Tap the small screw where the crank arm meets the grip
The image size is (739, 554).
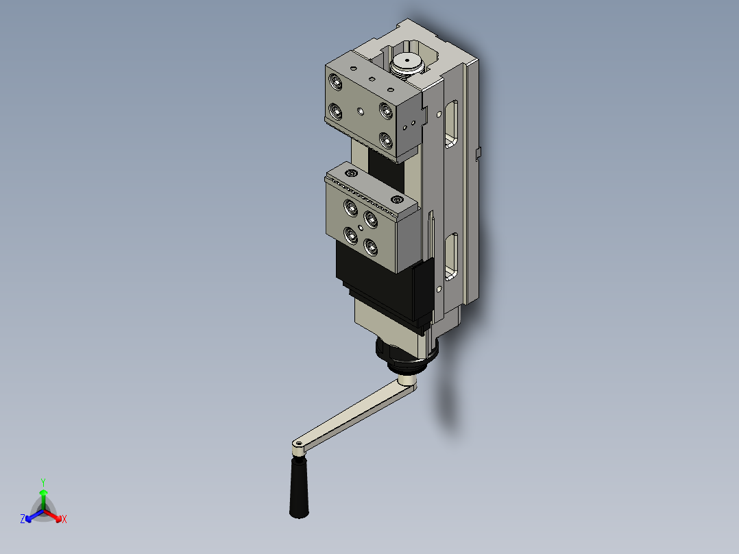coord(298,446)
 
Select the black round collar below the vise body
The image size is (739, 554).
coord(409,357)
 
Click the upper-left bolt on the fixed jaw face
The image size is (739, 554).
coord(336,83)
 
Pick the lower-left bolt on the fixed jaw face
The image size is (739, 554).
coord(336,110)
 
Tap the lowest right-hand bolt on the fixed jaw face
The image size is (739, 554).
coord(387,141)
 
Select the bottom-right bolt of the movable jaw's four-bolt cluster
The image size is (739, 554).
coord(372,247)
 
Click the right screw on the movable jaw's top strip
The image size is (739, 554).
coord(398,200)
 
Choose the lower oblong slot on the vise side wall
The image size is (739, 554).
coord(451,256)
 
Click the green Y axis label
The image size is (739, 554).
coord(43,481)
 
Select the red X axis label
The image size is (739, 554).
coord(64,519)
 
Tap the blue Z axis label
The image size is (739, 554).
coord(23,519)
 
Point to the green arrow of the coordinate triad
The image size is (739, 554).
coord(43,496)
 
